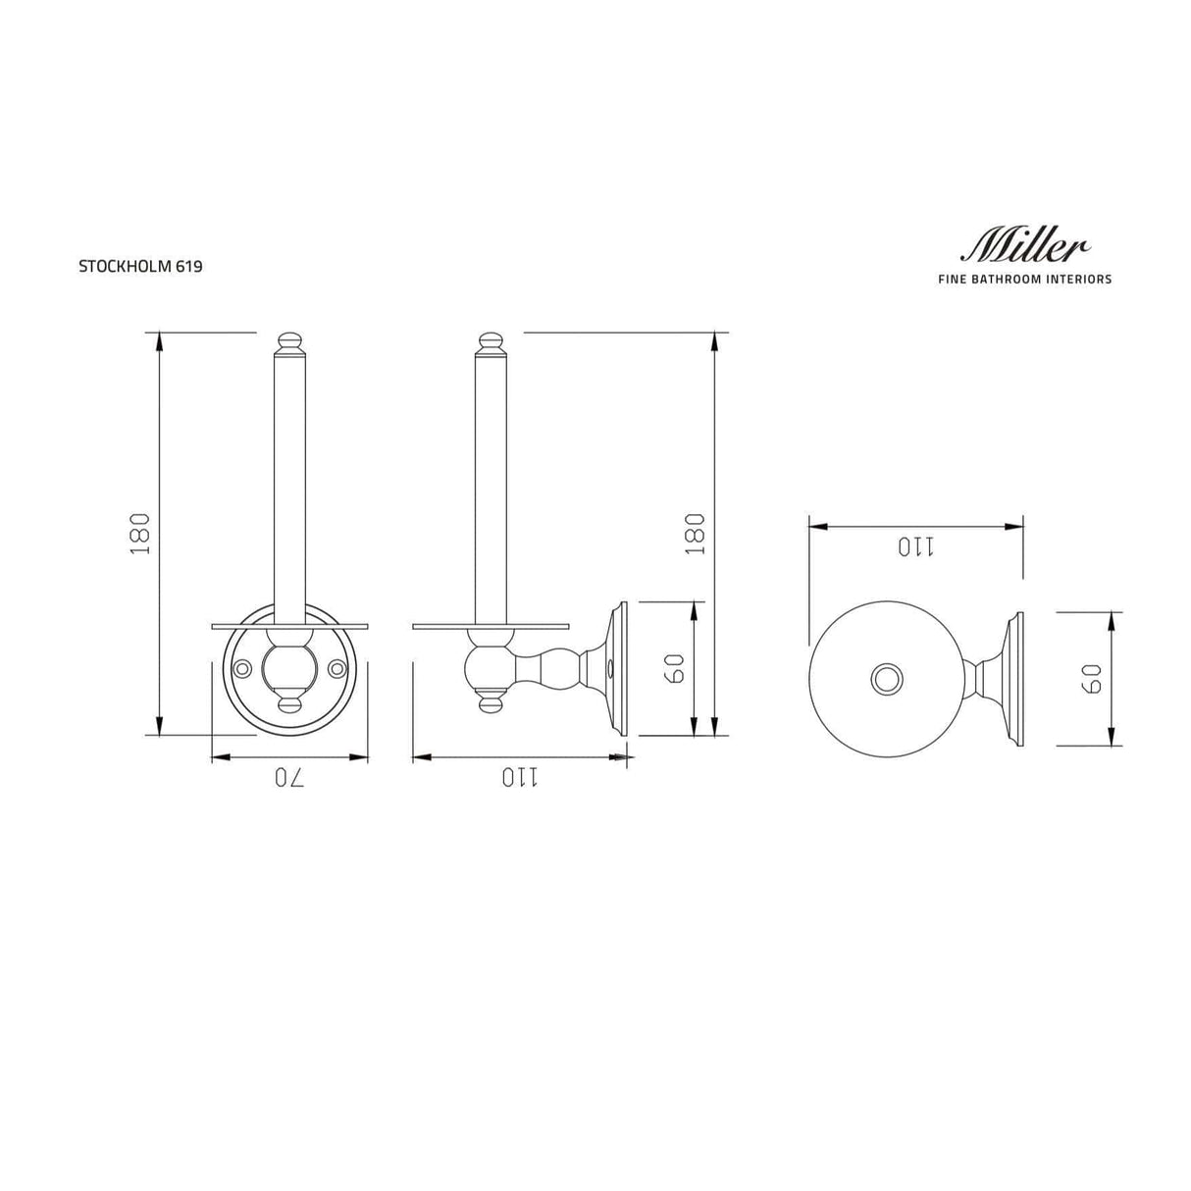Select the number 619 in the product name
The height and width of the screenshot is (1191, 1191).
(x=189, y=266)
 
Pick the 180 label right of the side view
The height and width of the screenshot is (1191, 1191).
(x=695, y=534)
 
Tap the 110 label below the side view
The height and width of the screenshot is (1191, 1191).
(x=520, y=778)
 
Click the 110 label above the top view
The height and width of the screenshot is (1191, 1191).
(x=915, y=547)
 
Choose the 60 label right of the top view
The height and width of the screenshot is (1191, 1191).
(x=1091, y=678)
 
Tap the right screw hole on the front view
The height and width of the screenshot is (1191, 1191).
(x=337, y=669)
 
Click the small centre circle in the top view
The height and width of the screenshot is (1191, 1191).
(x=886, y=678)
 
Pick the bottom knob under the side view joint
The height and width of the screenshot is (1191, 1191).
(x=490, y=702)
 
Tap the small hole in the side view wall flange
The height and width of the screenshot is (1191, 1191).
(x=612, y=673)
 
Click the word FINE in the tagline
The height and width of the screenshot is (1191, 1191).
(x=954, y=280)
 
